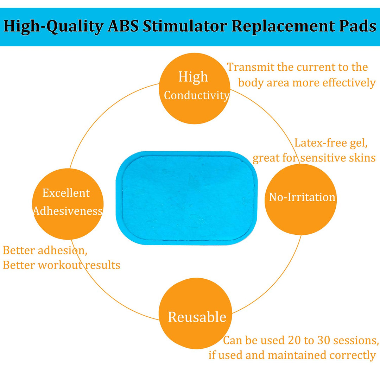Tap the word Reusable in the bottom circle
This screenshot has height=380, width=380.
(197, 317)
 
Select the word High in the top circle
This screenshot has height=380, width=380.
(193, 77)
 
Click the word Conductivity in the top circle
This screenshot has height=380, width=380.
(197, 95)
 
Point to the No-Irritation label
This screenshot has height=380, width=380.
(302, 197)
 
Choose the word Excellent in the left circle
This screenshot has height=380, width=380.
(66, 193)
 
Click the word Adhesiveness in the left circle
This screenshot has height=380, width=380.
(68, 211)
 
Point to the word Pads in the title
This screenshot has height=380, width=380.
(355, 26)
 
